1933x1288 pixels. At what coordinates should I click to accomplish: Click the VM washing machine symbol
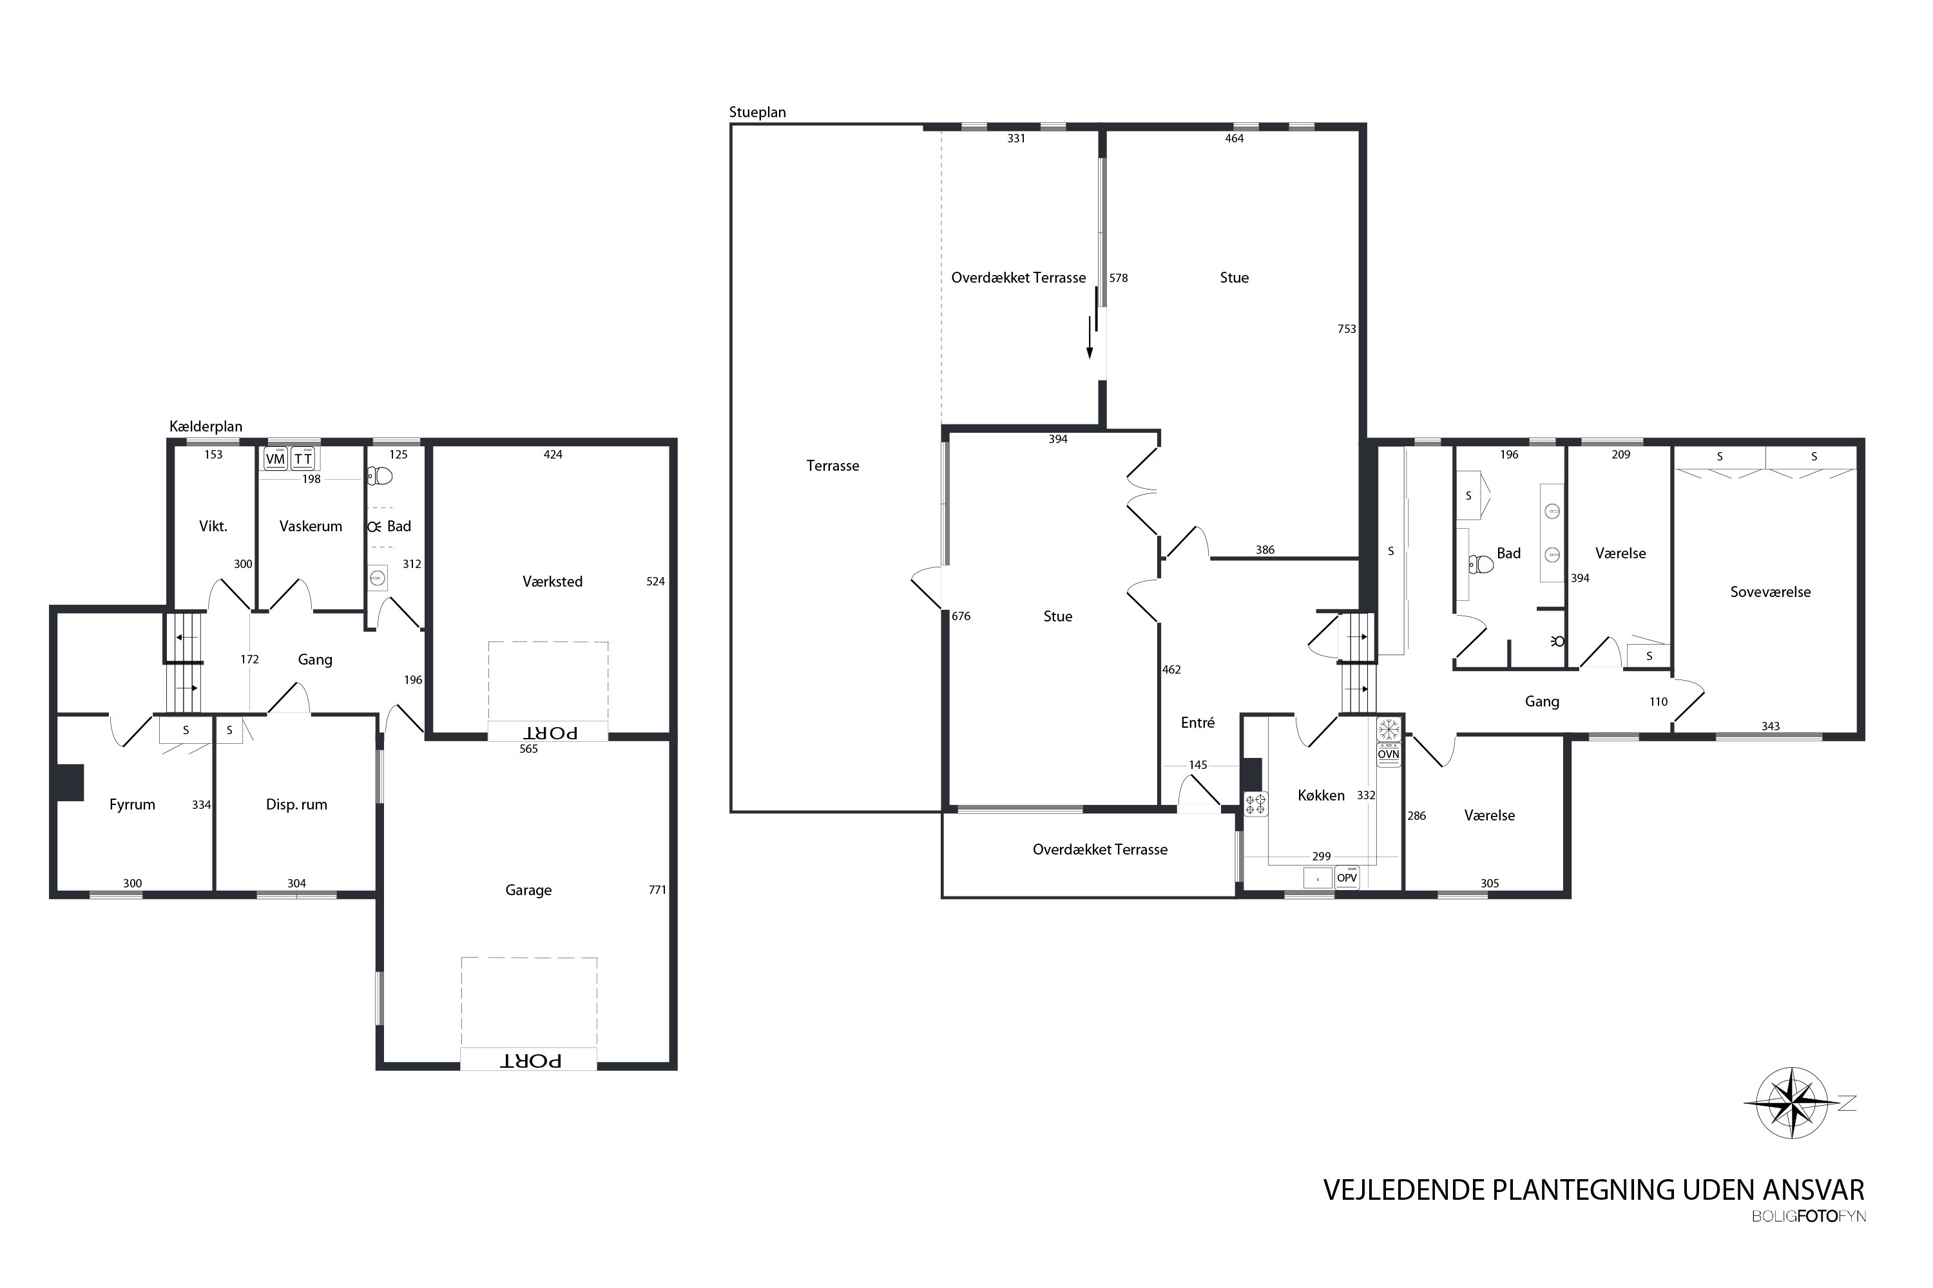click(275, 459)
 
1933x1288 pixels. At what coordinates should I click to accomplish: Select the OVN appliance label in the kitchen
click(1388, 754)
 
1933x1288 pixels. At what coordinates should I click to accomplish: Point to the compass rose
click(1793, 1103)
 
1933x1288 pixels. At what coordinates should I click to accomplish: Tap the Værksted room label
click(552, 582)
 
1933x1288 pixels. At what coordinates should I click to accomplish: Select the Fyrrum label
click(132, 805)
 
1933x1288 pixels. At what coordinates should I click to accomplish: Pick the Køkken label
click(1321, 795)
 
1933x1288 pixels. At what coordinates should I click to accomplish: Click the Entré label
click(1197, 722)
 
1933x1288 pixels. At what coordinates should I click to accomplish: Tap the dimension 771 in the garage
click(657, 889)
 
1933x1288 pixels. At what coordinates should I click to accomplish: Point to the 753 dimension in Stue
click(1346, 328)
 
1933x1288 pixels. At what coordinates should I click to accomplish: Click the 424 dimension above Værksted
click(553, 454)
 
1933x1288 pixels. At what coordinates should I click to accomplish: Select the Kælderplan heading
click(206, 426)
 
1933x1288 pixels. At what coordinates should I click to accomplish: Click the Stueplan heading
click(758, 113)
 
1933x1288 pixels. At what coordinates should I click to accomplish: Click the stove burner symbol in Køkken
click(1256, 803)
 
